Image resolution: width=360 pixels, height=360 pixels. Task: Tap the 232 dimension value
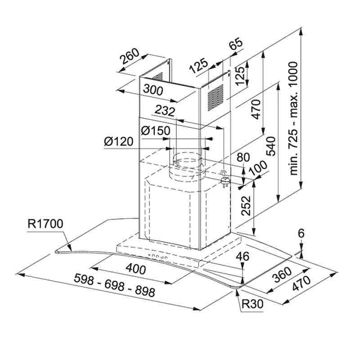click(x=164, y=111)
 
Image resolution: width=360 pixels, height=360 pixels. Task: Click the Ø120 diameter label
click(x=118, y=142)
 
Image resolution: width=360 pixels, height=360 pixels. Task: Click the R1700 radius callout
click(x=45, y=224)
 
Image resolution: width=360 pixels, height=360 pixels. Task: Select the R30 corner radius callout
click(x=252, y=304)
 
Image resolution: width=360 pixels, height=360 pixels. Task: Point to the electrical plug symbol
click(x=224, y=179)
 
